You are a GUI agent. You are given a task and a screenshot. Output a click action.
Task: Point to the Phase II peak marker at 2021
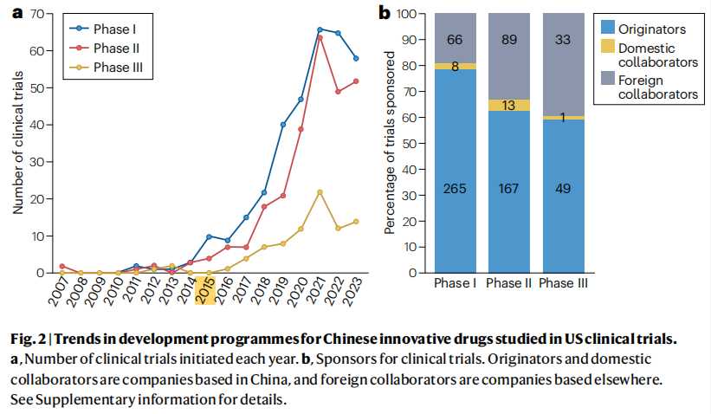(x=320, y=37)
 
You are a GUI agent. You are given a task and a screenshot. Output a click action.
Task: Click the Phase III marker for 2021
(x=320, y=191)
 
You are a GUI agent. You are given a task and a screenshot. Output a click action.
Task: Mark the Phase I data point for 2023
(x=356, y=58)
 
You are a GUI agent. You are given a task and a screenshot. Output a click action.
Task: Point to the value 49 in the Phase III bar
(x=564, y=190)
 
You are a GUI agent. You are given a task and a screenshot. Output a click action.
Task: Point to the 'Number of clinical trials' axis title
(x=17, y=144)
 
